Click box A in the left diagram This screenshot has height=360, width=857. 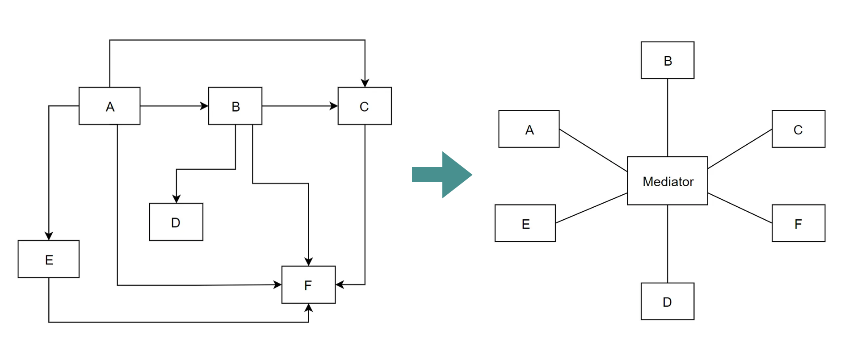click(109, 106)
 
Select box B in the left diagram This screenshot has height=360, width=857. click(235, 106)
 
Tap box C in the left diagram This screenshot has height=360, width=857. click(365, 106)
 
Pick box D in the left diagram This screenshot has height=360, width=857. click(176, 222)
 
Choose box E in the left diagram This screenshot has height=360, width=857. click(49, 259)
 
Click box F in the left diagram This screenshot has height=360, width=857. click(308, 285)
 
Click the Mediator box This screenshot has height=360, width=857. click(668, 181)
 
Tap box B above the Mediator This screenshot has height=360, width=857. click(668, 60)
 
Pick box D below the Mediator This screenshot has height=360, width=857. click(668, 301)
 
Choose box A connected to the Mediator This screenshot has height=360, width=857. click(529, 129)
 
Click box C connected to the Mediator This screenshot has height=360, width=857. click(798, 129)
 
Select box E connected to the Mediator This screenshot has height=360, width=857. click(525, 223)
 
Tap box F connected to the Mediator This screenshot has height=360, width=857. click(798, 223)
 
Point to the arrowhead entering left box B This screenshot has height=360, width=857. click(204, 106)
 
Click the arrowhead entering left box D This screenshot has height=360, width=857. click(176, 199)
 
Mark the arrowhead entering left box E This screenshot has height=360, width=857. click(49, 236)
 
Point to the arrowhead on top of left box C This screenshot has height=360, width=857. click(365, 83)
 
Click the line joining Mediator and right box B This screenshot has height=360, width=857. click(668, 117)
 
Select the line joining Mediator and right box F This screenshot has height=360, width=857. click(740, 208)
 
